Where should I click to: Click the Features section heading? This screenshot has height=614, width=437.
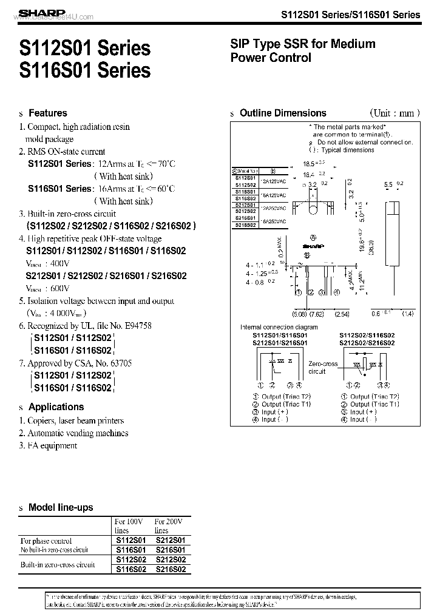[48, 113]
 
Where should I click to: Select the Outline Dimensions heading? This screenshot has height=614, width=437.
[283, 113]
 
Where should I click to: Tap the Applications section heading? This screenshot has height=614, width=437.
[56, 407]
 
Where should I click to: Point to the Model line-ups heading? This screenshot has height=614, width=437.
[61, 507]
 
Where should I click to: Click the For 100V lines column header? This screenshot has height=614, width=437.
[129, 525]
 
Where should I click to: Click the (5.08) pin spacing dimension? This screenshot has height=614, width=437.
[300, 314]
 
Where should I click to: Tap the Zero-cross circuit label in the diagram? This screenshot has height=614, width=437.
[323, 368]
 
